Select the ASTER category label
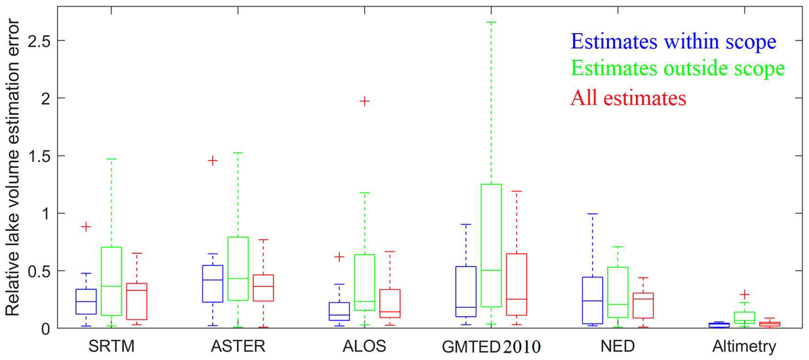238,346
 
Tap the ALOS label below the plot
364,346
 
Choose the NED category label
617,346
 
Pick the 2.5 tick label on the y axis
39,41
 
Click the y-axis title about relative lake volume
13,167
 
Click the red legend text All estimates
628,98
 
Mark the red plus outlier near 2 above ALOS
364,101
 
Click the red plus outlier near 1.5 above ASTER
213,161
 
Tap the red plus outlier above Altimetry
744,294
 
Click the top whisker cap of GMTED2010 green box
491,22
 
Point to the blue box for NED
592,300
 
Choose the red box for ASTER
263,288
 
